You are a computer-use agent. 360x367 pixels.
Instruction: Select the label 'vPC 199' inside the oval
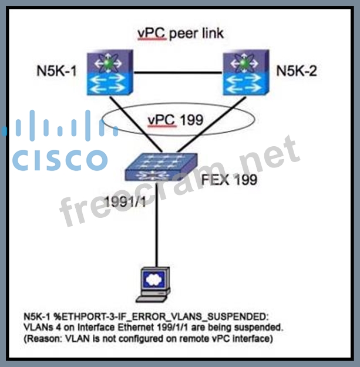[176, 120]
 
